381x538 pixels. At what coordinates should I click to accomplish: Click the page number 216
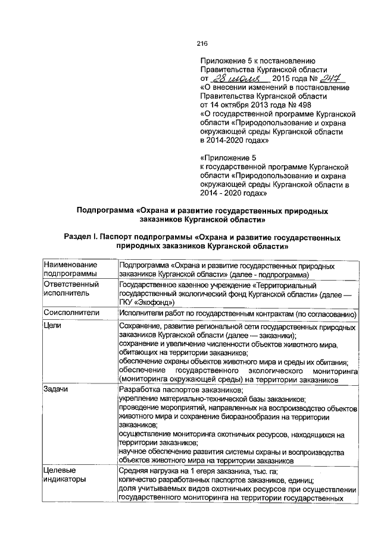(x=201, y=43)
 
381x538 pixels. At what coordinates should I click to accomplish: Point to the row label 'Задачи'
(x=57, y=388)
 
